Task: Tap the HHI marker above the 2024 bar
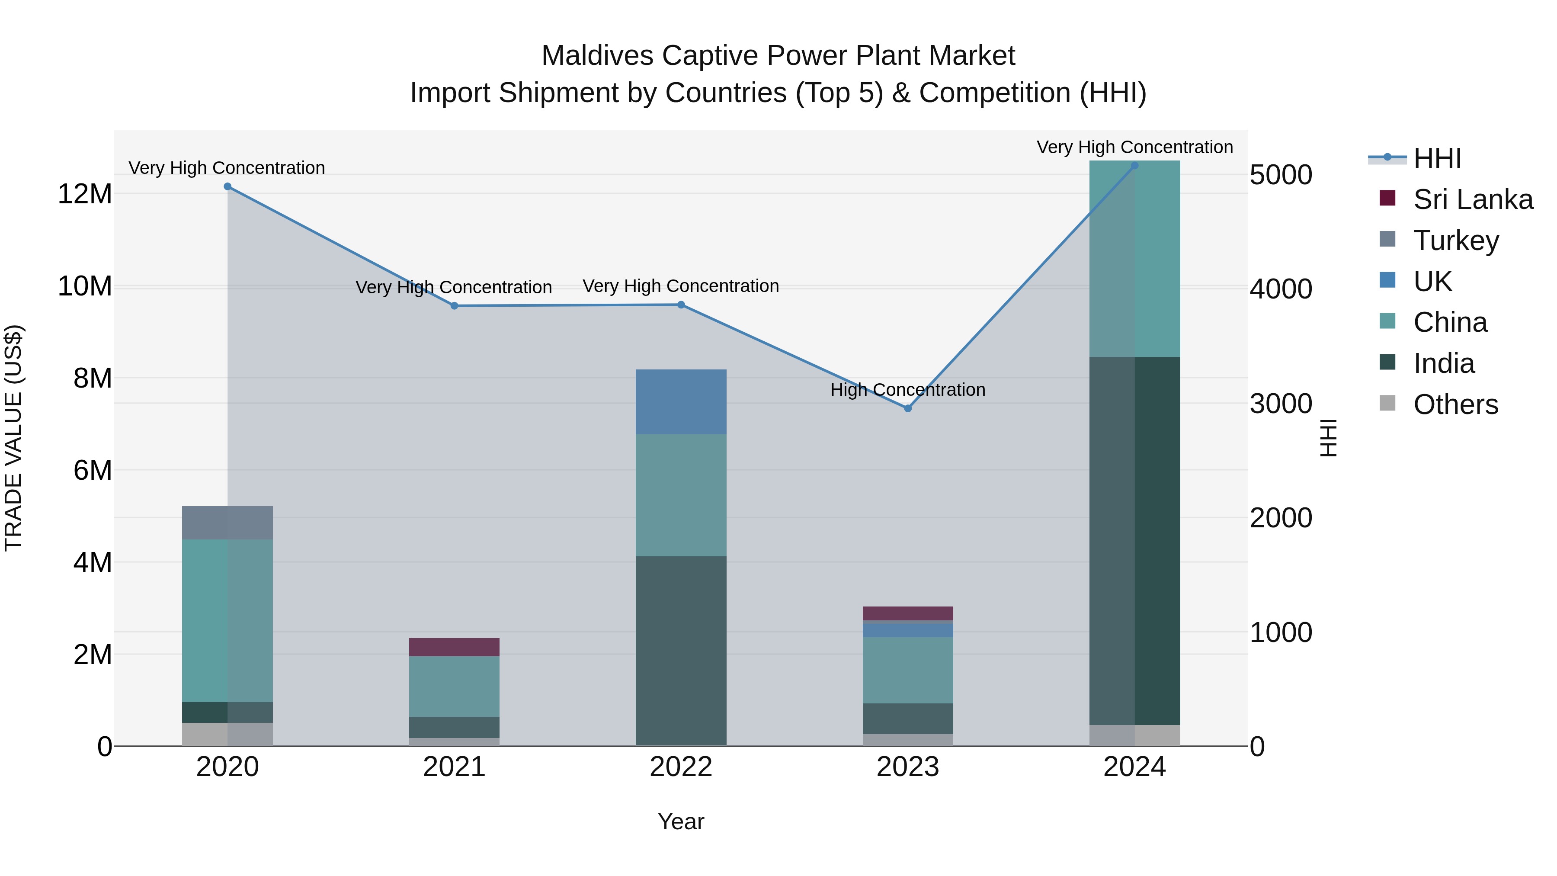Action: tap(1134, 165)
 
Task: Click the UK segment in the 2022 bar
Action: tap(681, 401)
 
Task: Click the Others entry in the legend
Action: tap(1455, 404)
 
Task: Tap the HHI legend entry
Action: tap(1437, 158)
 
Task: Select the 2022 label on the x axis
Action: tap(681, 767)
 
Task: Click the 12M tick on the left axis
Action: tap(85, 194)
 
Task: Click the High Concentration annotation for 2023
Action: tap(907, 390)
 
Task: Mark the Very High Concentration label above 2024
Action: tap(1134, 147)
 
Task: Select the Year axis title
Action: tap(681, 821)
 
